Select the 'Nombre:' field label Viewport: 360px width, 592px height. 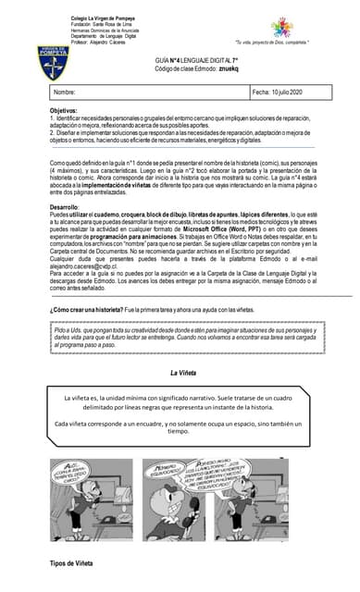65,92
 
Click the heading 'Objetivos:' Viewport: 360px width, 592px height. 64,110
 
